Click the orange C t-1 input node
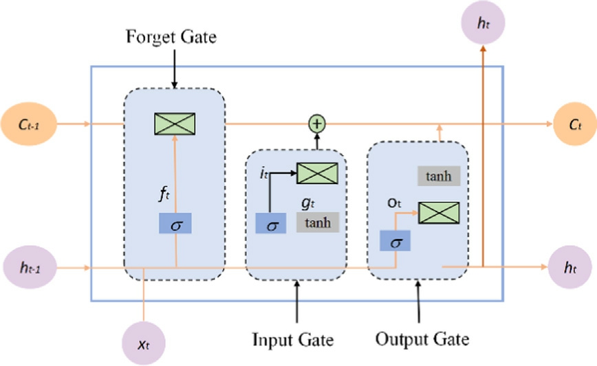(28, 124)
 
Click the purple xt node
(144, 342)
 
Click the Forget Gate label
(171, 37)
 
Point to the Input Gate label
(293, 339)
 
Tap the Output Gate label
(422, 339)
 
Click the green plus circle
(317, 124)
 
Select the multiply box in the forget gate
(175, 124)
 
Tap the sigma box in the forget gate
(175, 223)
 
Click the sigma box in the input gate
(271, 223)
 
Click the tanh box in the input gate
(317, 222)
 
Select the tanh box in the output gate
(438, 176)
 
